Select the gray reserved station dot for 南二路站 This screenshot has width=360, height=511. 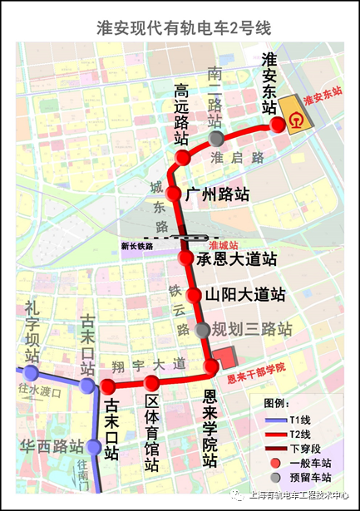point(216,138)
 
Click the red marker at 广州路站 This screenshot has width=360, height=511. point(174,194)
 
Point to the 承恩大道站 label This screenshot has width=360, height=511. point(236,259)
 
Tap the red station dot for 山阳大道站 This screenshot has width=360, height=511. point(193,295)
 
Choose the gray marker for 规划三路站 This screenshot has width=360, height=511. point(204,330)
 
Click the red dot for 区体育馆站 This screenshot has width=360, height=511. point(151,383)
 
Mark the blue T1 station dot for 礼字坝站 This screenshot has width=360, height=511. point(32,371)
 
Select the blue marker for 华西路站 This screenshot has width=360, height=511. point(94,448)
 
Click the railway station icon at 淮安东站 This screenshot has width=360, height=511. point(296,121)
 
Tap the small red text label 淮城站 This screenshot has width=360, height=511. point(224,245)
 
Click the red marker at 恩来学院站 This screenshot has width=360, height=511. point(211,366)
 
